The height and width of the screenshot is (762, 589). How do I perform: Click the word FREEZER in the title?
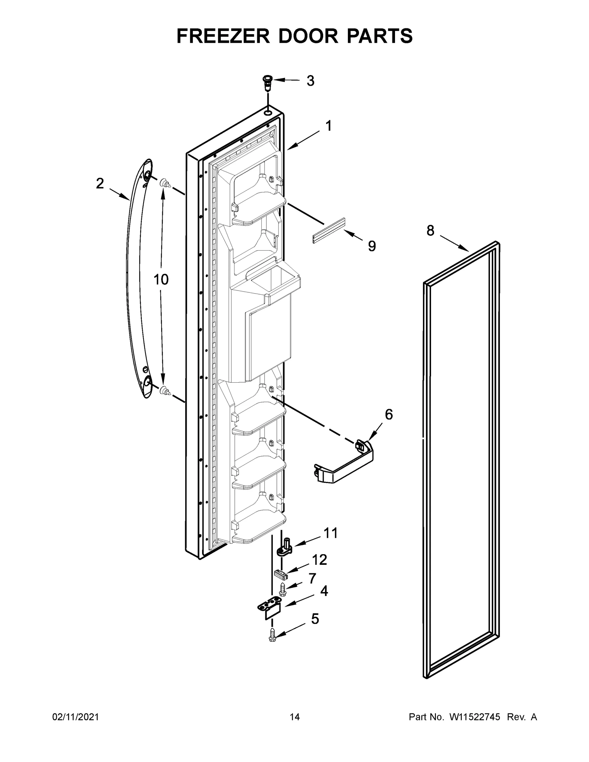coord(224,36)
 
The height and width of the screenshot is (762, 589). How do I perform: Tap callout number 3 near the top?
coord(310,81)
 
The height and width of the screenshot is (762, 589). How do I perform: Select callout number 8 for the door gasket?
coord(430,231)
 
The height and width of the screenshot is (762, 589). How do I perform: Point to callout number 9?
coord(372,246)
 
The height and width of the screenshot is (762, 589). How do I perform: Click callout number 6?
coord(389,414)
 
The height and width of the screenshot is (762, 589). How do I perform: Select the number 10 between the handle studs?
coord(161,280)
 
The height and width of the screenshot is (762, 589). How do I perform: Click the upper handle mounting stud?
coord(164,182)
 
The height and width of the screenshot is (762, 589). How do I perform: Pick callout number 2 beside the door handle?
coord(100,184)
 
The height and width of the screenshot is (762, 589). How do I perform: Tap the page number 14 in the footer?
coord(294,727)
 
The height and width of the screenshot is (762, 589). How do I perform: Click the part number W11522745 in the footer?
coord(474,727)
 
